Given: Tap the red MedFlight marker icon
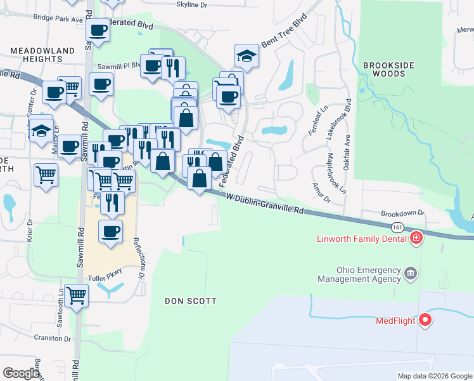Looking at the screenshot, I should (x=425, y=321).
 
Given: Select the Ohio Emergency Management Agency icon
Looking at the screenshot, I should (x=411, y=274).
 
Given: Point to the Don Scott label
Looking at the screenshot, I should (x=191, y=300).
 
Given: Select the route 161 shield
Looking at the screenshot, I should (x=397, y=227).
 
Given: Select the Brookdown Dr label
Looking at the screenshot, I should (x=402, y=215).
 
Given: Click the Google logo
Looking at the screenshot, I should (x=21, y=373).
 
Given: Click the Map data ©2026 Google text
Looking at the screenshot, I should (x=435, y=376).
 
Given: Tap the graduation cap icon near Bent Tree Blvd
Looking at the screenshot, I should (x=247, y=57).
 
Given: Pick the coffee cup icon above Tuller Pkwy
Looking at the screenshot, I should (x=111, y=231).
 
